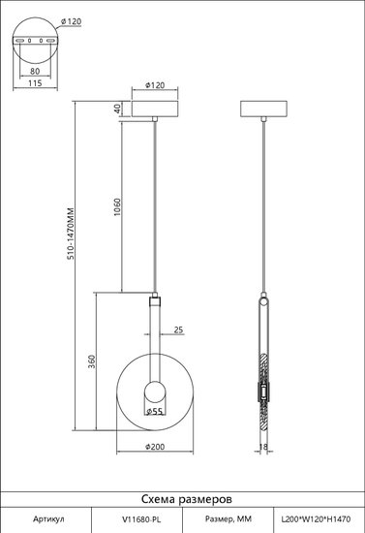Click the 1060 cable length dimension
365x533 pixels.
[x=117, y=207]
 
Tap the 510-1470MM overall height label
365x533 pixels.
[x=71, y=234]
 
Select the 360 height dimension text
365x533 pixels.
[x=92, y=361]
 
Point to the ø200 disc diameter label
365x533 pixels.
[x=155, y=447]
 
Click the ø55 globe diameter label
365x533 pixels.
[x=154, y=411]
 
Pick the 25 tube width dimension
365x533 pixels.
[x=178, y=329]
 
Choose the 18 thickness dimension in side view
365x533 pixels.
[x=263, y=447]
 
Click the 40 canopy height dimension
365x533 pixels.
[x=117, y=109]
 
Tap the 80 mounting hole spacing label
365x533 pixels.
[x=35, y=71]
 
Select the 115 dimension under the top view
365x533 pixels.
[x=35, y=82]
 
